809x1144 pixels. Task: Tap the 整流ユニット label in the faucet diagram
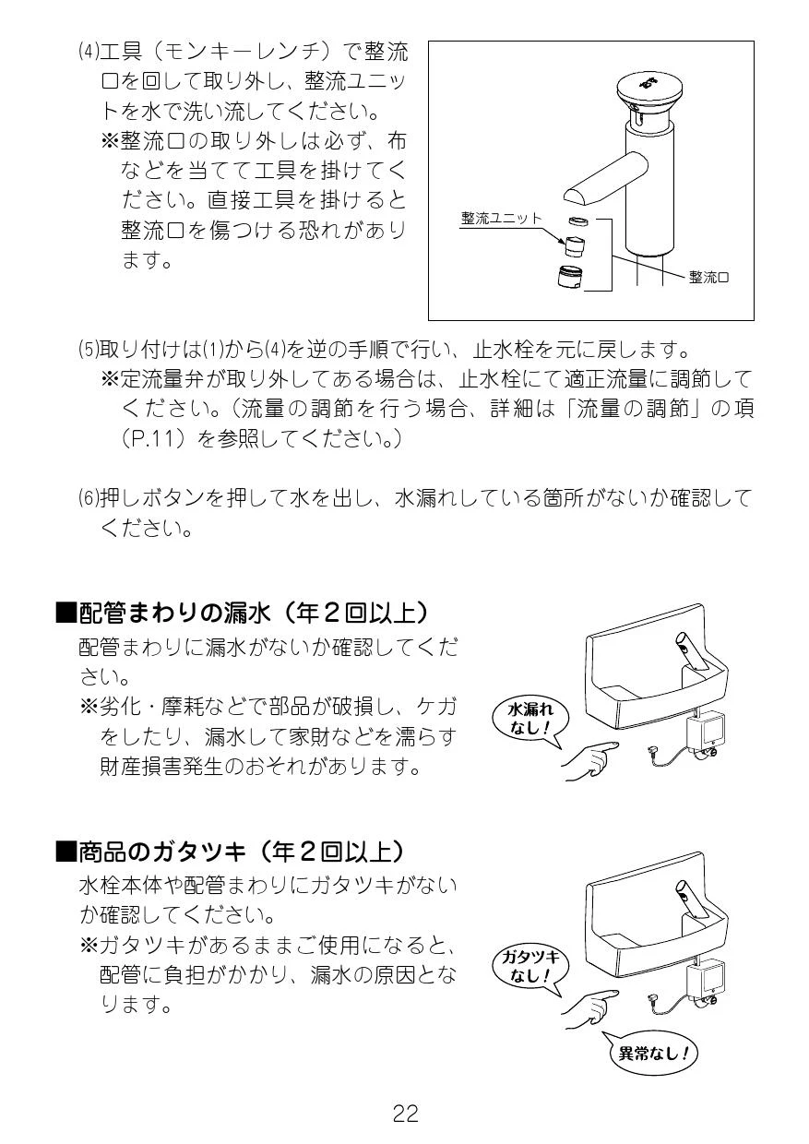[501, 218]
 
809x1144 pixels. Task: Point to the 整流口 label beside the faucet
[708, 278]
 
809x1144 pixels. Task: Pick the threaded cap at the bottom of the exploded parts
[570, 278]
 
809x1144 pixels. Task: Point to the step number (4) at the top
[88, 52]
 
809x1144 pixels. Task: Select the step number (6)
[88, 498]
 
